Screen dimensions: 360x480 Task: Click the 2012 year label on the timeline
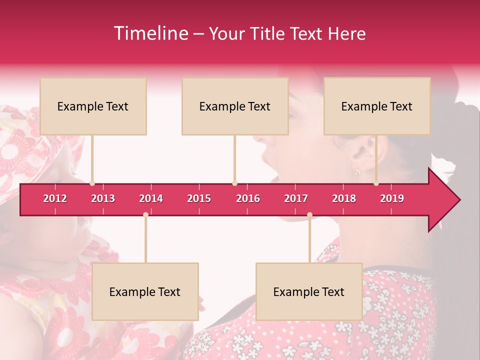pos(55,198)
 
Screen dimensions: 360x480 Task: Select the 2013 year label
pos(103,198)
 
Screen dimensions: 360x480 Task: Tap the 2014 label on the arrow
pos(151,198)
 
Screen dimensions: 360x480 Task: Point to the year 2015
pos(199,198)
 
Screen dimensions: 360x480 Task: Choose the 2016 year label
pos(248,198)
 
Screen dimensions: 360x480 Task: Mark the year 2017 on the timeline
pos(296,198)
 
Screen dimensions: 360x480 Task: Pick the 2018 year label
pos(344,198)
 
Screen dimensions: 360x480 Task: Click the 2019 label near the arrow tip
pos(392,198)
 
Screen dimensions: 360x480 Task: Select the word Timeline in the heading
pos(150,33)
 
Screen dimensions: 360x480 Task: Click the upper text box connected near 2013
pos(93,106)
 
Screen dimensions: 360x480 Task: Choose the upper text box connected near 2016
pos(235,106)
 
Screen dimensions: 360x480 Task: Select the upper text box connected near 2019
pos(377,106)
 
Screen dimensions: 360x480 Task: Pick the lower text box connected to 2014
pos(145,291)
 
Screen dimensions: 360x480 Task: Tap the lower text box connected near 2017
pos(309,291)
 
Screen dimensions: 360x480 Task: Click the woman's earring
pos(358,172)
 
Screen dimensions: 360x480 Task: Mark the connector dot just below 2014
pos(145,214)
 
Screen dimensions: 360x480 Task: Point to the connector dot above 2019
pos(376,183)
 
